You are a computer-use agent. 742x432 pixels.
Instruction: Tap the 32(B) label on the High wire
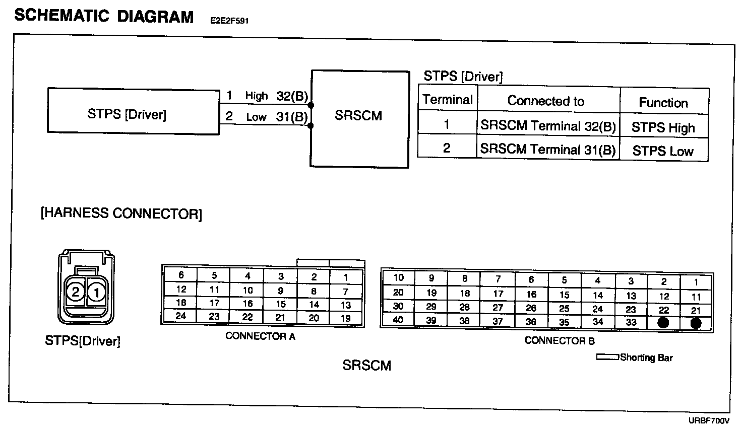click(292, 96)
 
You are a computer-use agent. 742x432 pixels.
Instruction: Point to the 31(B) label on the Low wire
click(292, 117)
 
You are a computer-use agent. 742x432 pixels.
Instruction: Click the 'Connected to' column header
click(546, 101)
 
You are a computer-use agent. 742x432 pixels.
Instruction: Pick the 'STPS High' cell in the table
click(663, 127)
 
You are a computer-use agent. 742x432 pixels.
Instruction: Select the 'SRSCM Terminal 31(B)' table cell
click(548, 150)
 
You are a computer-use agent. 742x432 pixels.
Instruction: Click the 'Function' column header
click(663, 103)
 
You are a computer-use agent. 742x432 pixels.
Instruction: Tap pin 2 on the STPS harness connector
click(76, 292)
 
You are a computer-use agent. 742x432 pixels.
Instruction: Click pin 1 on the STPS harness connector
click(97, 292)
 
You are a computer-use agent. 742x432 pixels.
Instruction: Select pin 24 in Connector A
click(181, 316)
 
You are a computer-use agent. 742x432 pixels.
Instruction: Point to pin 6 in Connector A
click(181, 275)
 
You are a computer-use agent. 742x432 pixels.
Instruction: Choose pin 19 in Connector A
click(346, 318)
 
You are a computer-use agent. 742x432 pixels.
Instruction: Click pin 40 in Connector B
click(398, 320)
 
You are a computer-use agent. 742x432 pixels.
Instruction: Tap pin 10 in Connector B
click(398, 277)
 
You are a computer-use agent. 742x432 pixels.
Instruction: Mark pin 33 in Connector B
click(631, 322)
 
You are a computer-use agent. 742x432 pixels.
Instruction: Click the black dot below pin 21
click(696, 323)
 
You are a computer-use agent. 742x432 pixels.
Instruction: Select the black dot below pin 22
click(663, 323)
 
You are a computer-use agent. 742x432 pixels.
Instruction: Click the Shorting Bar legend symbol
click(607, 357)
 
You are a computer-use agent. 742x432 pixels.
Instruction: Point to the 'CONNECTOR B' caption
click(560, 341)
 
